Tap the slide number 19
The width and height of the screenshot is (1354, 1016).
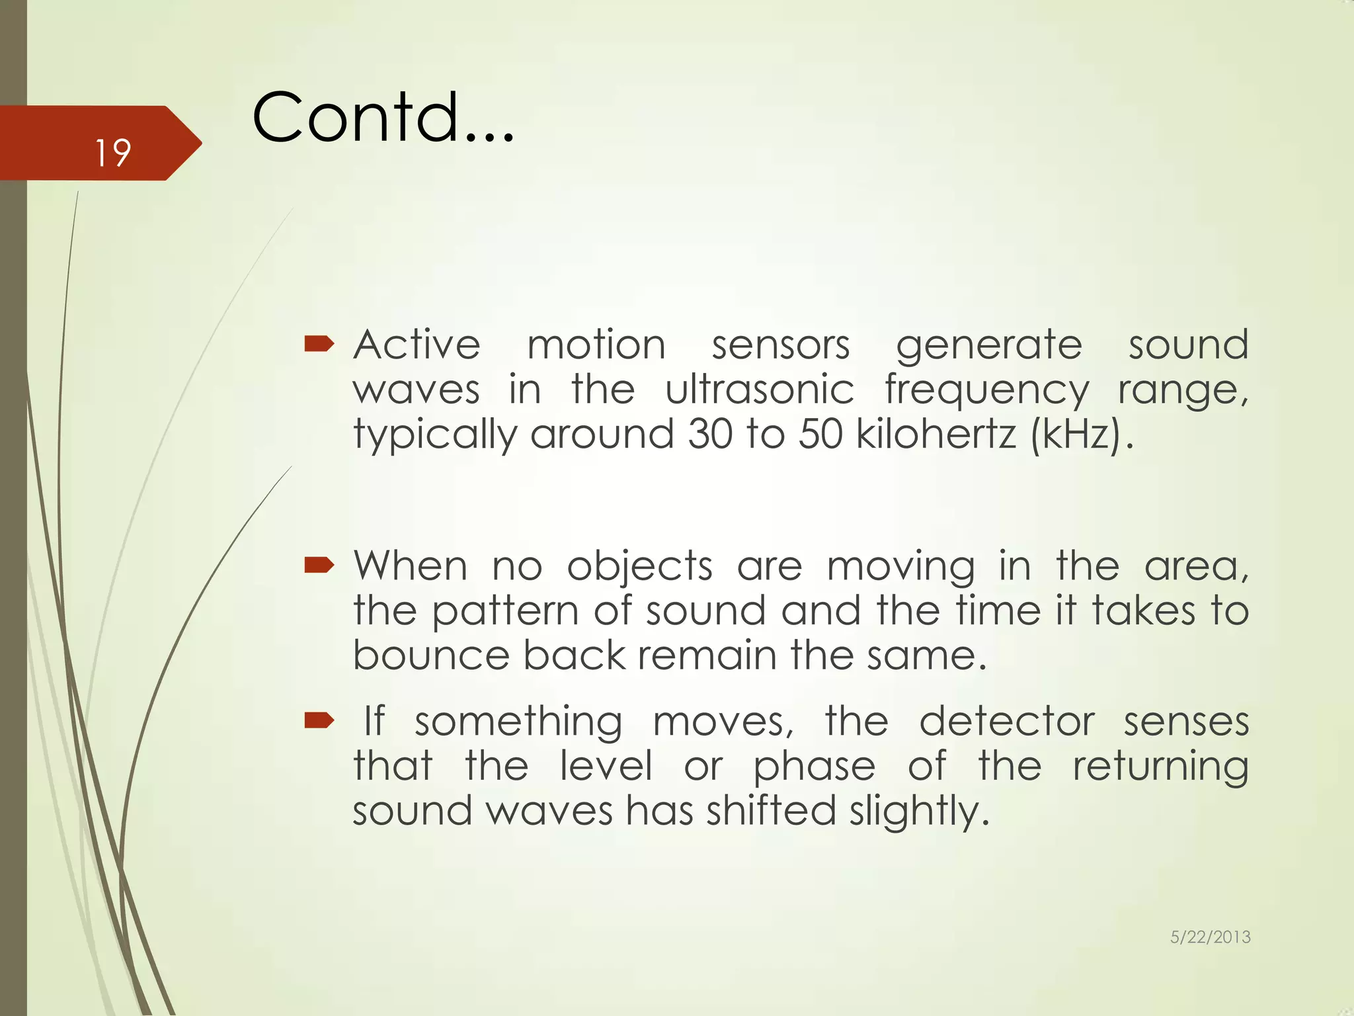(x=112, y=153)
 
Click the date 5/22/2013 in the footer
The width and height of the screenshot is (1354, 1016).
(x=1210, y=937)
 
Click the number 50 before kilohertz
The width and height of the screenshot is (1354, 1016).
(x=820, y=434)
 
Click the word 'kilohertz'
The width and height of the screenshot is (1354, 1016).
(x=936, y=434)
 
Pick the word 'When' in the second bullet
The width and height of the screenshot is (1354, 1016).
(x=411, y=566)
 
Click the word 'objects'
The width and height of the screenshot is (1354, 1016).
(x=639, y=568)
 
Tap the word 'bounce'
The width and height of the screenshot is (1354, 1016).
(x=431, y=656)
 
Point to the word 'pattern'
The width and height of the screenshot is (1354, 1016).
(x=505, y=611)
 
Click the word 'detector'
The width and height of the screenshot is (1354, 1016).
(x=1006, y=721)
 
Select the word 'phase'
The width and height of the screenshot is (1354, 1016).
(x=814, y=767)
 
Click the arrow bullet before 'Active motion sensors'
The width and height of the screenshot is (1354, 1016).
(x=319, y=343)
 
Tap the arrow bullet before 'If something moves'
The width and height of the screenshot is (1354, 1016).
(x=319, y=720)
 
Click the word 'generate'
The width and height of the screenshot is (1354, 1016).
(x=988, y=346)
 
